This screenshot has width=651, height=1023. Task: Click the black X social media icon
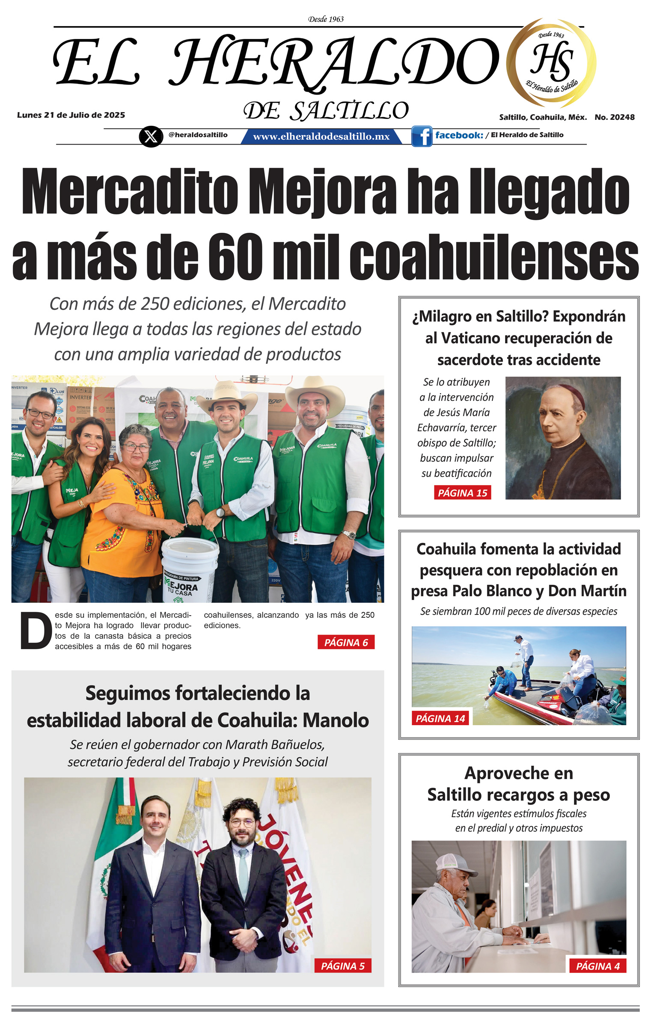151,136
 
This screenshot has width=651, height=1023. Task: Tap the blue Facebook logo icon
422,136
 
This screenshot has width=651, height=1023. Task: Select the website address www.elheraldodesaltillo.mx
321,136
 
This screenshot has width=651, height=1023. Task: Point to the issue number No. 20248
614,117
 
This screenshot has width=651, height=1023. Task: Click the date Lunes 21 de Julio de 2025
71,115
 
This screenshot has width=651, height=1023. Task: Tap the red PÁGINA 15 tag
462,492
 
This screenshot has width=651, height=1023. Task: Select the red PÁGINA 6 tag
346,642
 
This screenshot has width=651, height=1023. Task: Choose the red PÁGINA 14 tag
440,718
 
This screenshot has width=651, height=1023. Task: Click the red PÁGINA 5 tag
342,966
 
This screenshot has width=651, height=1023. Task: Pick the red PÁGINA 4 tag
597,966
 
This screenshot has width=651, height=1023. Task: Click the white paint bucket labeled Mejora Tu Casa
190,569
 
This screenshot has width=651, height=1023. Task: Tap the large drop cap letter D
36,631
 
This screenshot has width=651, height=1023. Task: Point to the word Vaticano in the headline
478,338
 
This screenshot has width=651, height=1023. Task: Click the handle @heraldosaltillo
198,135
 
